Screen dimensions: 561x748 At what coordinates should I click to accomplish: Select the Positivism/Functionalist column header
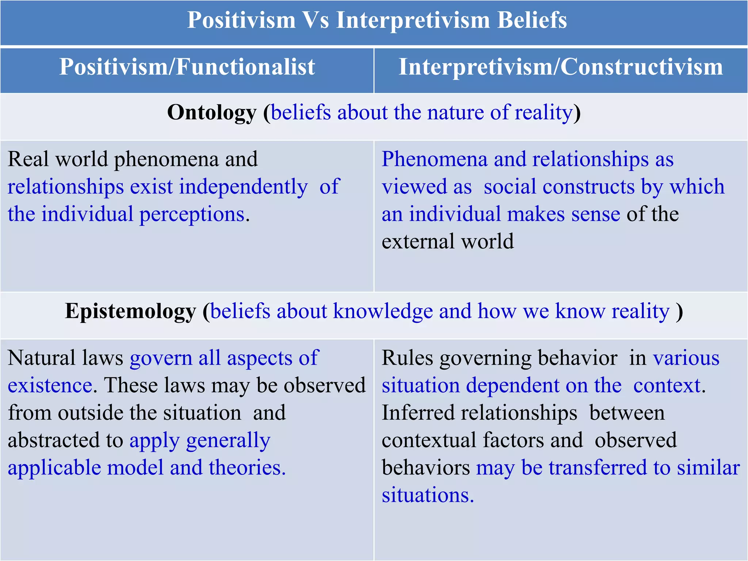click(187, 67)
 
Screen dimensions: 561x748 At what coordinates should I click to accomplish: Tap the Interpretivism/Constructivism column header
click(561, 67)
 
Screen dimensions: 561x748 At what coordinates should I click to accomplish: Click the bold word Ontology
click(212, 112)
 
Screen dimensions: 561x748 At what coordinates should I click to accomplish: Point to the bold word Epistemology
click(130, 311)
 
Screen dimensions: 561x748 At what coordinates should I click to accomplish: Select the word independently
click(243, 187)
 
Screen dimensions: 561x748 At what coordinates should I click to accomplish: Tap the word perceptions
click(192, 214)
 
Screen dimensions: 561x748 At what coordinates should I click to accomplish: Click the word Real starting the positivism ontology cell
click(28, 159)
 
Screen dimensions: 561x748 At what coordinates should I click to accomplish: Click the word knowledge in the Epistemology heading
click(383, 311)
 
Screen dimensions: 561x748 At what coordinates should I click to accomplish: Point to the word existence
click(50, 385)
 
